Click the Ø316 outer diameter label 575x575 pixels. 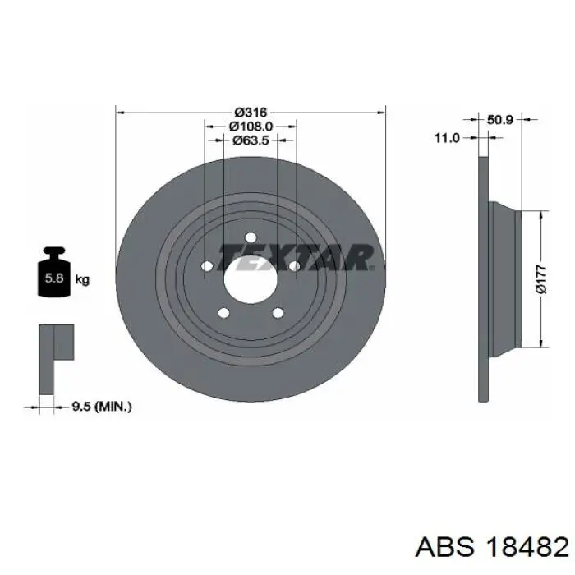coord(251,112)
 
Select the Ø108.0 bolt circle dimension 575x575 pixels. coord(251,126)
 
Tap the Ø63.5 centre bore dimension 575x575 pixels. coord(251,140)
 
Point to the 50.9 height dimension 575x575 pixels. coord(499,120)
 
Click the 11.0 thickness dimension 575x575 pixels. coord(447,138)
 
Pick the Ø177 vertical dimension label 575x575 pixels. coord(541,279)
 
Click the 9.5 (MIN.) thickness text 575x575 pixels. coord(102,407)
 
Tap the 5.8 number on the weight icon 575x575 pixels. coord(54,278)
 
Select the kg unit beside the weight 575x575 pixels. coord(82,279)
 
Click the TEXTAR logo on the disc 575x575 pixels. coord(296,257)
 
